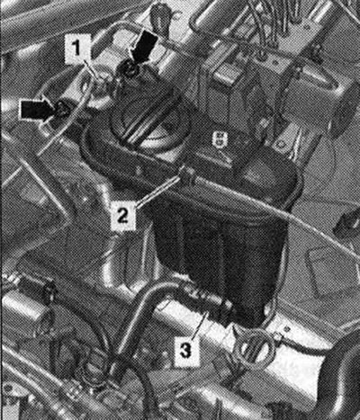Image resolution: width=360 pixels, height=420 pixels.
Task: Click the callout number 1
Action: (77, 48)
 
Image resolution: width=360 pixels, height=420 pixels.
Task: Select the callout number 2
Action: (122, 215)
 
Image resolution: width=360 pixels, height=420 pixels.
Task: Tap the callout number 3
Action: (185, 351)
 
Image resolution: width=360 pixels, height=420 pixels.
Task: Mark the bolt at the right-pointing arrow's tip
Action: (61, 110)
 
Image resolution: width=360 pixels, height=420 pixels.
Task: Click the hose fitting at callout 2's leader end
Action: (186, 174)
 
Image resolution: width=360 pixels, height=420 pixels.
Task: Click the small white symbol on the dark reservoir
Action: (219, 139)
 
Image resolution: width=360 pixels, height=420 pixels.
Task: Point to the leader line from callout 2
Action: (157, 191)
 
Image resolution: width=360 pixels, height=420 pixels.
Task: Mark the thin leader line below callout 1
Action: (92, 70)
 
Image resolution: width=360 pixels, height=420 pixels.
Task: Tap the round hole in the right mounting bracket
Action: (281, 145)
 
